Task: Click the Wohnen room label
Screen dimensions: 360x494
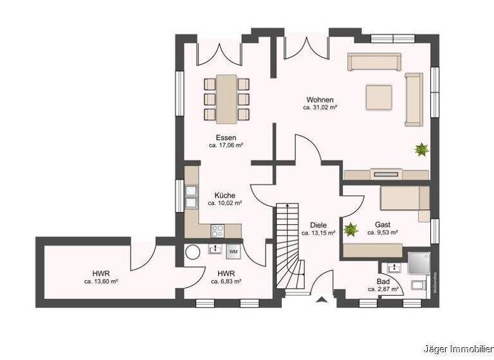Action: (320, 100)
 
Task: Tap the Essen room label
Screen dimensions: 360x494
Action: (225, 138)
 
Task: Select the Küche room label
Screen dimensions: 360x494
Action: (224, 195)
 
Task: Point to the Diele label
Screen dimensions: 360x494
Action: (318, 225)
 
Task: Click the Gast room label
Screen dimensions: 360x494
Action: (383, 225)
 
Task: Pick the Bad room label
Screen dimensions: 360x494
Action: (383, 282)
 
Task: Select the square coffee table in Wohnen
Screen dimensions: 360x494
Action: (378, 97)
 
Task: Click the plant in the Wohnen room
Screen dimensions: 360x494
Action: (421, 150)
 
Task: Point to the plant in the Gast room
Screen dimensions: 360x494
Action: (351, 228)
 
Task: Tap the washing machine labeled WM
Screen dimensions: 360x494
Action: (233, 250)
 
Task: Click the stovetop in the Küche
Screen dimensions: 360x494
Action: (217, 230)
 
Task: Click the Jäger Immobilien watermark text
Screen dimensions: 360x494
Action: (458, 349)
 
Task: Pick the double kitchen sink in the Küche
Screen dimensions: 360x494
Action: (191, 196)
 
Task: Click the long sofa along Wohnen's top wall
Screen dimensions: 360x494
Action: (374, 62)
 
